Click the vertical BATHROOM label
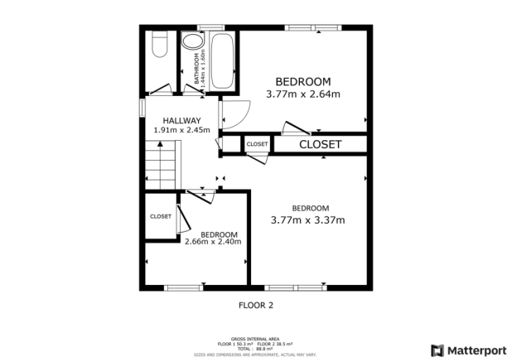coord(198,68)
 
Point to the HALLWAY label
coord(181,120)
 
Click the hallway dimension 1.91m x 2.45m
coord(181,130)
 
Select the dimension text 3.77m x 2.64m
coord(303,94)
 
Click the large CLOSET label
coord(320,144)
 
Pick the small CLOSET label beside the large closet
coord(257,144)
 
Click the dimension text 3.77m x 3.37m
coord(308,220)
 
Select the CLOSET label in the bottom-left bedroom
coord(161,216)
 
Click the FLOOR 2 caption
coord(255,305)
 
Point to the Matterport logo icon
coord(437,350)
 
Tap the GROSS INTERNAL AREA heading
coord(255,339)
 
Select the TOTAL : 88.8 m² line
coord(255,349)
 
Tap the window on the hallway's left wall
coord(142,108)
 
